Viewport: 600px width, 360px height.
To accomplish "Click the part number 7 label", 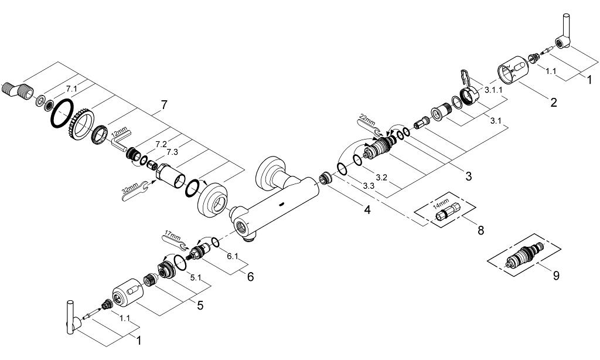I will coord(163,106).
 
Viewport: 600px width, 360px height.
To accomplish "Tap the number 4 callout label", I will coord(367,209).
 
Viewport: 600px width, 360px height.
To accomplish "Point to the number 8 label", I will coord(480,230).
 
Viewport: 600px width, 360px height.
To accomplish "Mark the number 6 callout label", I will coord(250,276).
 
